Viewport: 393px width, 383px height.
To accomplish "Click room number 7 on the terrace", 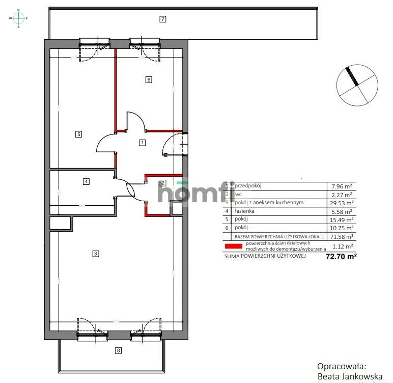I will [x=162, y=19].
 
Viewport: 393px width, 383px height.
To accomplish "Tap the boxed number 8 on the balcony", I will [x=119, y=350].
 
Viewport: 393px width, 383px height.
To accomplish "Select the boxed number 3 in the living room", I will [x=95, y=254].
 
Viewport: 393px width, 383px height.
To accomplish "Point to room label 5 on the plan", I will [x=78, y=134].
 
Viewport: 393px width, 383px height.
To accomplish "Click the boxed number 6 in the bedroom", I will [x=149, y=79].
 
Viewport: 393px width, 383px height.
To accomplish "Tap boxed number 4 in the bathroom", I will [x=87, y=181].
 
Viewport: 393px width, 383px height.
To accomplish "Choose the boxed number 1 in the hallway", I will [x=142, y=143].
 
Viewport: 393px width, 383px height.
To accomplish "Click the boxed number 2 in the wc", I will [x=163, y=183].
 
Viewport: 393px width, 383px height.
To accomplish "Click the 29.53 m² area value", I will [x=342, y=203].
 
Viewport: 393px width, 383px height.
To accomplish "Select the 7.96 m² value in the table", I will [x=342, y=186].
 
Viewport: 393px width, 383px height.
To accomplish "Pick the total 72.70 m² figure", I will [x=341, y=257].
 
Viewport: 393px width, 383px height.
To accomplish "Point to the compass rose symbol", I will [x=19, y=18].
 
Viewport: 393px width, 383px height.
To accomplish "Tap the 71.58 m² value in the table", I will [x=342, y=237].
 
